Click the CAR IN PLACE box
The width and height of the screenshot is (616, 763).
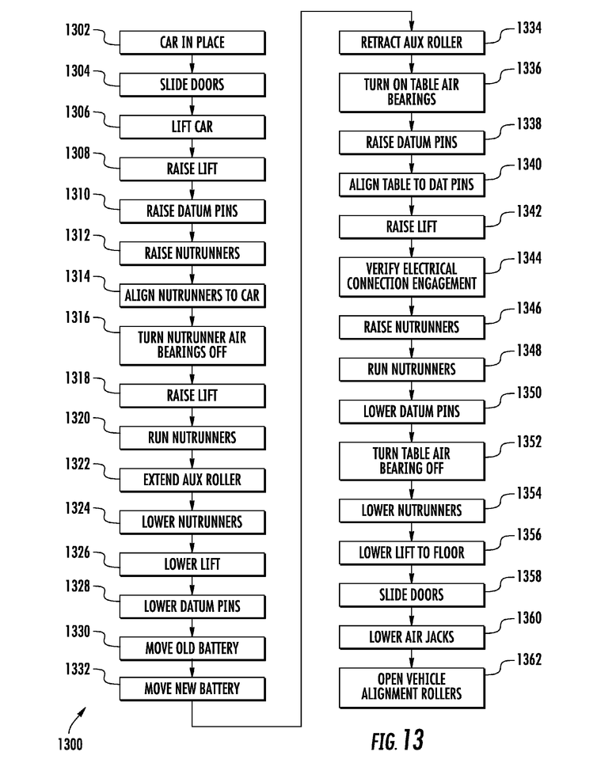pyautogui.click(x=192, y=42)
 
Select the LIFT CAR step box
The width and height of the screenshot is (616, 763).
pyautogui.click(x=192, y=126)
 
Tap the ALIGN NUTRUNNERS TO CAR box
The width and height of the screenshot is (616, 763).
pyautogui.click(x=192, y=296)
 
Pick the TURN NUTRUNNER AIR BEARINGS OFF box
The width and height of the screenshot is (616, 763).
pyautogui.click(x=192, y=345)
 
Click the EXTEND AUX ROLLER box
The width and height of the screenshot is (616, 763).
pyautogui.click(x=192, y=480)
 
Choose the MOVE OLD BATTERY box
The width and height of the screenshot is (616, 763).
pyautogui.click(x=192, y=648)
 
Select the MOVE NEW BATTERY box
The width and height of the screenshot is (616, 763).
pyautogui.click(x=192, y=689)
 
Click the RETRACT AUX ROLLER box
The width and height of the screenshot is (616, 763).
pyautogui.click(x=411, y=42)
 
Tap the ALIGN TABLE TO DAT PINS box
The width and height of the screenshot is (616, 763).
pyautogui.click(x=411, y=185)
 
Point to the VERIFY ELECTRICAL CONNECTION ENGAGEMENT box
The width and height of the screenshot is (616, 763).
pyautogui.click(x=411, y=276)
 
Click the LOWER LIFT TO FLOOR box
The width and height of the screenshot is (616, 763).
pyautogui.click(x=411, y=552)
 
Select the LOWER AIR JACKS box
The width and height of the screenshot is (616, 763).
pyautogui.click(x=411, y=636)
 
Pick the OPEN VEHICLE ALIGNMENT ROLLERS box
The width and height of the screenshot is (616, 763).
pyautogui.click(x=411, y=686)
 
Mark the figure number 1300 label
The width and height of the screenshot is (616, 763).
pyautogui.click(x=70, y=743)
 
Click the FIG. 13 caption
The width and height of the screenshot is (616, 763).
pyautogui.click(x=397, y=740)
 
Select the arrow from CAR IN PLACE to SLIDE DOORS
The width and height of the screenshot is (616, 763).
pyautogui.click(x=192, y=63)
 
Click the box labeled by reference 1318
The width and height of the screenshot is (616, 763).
pyautogui.click(x=192, y=395)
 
